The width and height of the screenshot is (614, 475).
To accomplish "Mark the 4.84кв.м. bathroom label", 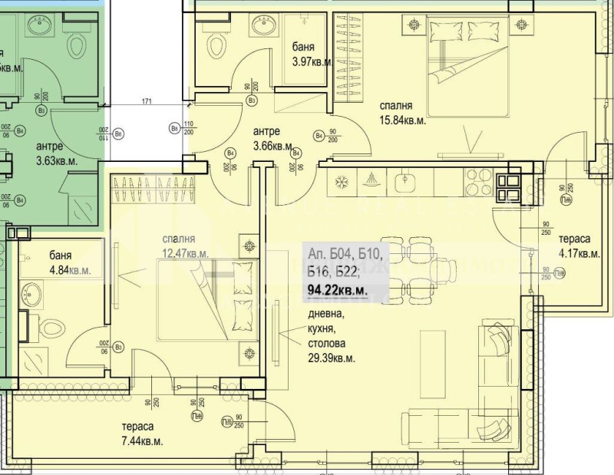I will click(x=70, y=269).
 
